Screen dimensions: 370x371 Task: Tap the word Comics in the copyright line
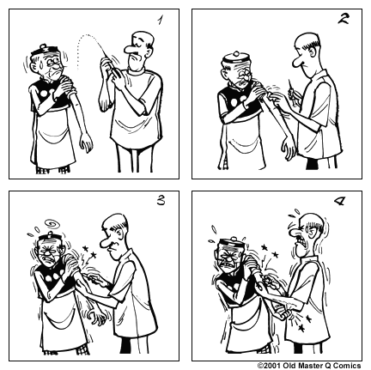[350, 364]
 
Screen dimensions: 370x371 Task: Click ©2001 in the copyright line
[270, 364]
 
